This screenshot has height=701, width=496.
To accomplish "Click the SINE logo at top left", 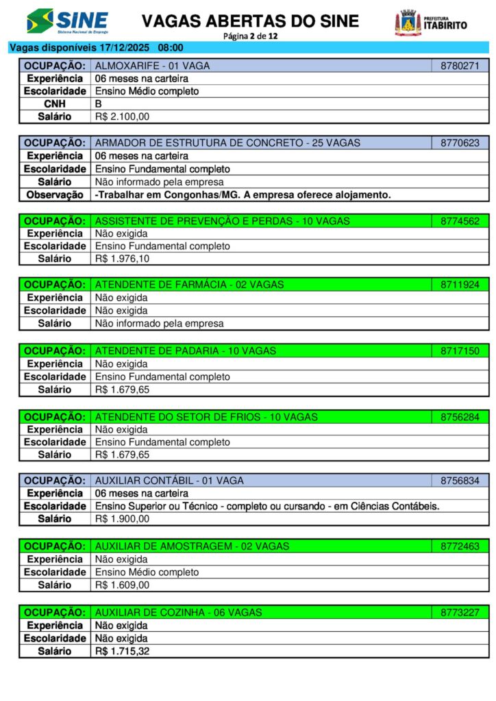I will [x=67, y=21].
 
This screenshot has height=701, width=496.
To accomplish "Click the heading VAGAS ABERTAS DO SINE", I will [x=250, y=21].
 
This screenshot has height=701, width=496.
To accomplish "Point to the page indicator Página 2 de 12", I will [x=250, y=36].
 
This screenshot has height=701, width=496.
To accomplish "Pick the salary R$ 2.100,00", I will [x=122, y=117].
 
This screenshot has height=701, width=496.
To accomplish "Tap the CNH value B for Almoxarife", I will [x=99, y=104].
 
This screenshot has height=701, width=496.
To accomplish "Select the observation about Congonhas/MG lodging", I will [x=243, y=195].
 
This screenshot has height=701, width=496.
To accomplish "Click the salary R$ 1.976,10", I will [x=122, y=259].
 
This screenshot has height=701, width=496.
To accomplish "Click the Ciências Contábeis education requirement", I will [x=266, y=507].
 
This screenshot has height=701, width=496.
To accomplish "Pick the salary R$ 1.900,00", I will [x=122, y=519].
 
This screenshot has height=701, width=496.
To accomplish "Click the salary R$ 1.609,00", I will [x=122, y=585].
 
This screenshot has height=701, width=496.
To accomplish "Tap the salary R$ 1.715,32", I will [x=122, y=651].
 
